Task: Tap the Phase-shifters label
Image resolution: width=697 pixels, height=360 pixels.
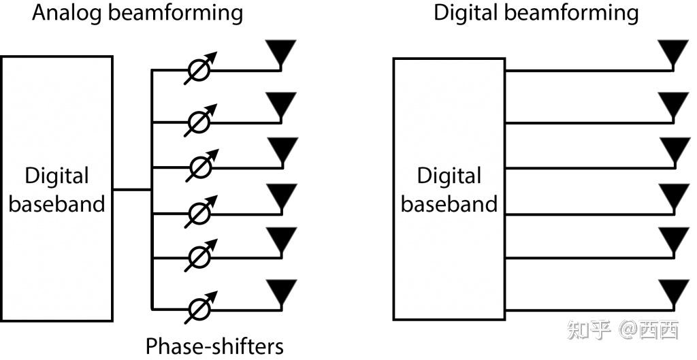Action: point(214,345)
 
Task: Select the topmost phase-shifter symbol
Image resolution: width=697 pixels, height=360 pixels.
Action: point(200,69)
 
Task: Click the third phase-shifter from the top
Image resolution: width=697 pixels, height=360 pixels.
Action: point(200,166)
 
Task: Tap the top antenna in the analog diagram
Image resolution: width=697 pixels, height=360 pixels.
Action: point(280,52)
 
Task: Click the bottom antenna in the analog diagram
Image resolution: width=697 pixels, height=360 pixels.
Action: point(280,291)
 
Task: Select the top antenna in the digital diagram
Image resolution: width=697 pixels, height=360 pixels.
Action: point(673,52)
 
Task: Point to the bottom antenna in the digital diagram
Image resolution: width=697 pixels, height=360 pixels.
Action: point(673,291)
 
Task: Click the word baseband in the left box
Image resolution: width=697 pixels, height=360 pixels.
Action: point(57,203)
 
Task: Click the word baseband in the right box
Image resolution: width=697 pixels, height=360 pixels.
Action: point(449,203)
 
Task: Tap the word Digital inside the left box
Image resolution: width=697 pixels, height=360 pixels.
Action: point(57,176)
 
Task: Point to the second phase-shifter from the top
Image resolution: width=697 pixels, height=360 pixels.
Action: point(200,122)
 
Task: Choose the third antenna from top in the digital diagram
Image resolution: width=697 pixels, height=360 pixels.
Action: point(673,149)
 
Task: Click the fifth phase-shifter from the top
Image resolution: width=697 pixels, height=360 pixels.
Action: point(200,257)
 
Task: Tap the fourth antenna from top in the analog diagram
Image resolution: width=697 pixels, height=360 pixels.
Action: point(280,195)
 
